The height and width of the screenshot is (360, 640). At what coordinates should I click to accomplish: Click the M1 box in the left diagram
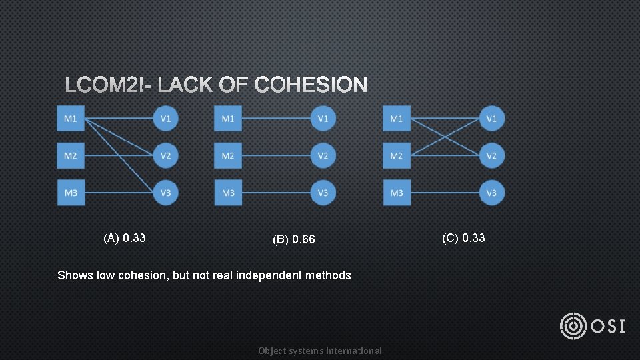[x=71, y=119]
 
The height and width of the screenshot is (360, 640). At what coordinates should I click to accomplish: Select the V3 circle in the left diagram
[x=166, y=193]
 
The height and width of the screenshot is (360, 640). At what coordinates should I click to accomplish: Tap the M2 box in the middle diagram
[x=228, y=156]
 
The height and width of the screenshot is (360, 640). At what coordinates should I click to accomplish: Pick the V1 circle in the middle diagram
[x=323, y=119]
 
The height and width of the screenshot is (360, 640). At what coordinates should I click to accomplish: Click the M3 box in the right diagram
[x=397, y=193]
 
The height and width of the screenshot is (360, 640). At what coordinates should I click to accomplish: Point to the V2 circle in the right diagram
[x=492, y=156]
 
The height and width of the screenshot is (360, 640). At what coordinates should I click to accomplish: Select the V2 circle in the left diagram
[x=166, y=156]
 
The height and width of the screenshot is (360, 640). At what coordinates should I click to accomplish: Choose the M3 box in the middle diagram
[x=228, y=193]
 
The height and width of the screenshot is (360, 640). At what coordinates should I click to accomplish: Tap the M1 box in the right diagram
[x=397, y=119]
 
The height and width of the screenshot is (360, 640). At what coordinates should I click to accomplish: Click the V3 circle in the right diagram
[x=492, y=193]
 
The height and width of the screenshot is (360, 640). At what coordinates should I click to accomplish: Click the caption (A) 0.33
[x=125, y=238]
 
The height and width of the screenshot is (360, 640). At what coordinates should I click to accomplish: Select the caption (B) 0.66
[x=293, y=239]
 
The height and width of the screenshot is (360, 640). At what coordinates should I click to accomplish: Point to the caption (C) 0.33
[x=463, y=238]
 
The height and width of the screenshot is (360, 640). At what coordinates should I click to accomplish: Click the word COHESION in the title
[x=311, y=85]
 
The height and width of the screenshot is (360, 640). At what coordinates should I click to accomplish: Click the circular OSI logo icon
[x=573, y=326]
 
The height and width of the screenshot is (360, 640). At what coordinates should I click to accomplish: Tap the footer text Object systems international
[x=320, y=351]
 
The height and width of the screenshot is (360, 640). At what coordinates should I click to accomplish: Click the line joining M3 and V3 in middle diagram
[x=276, y=193]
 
